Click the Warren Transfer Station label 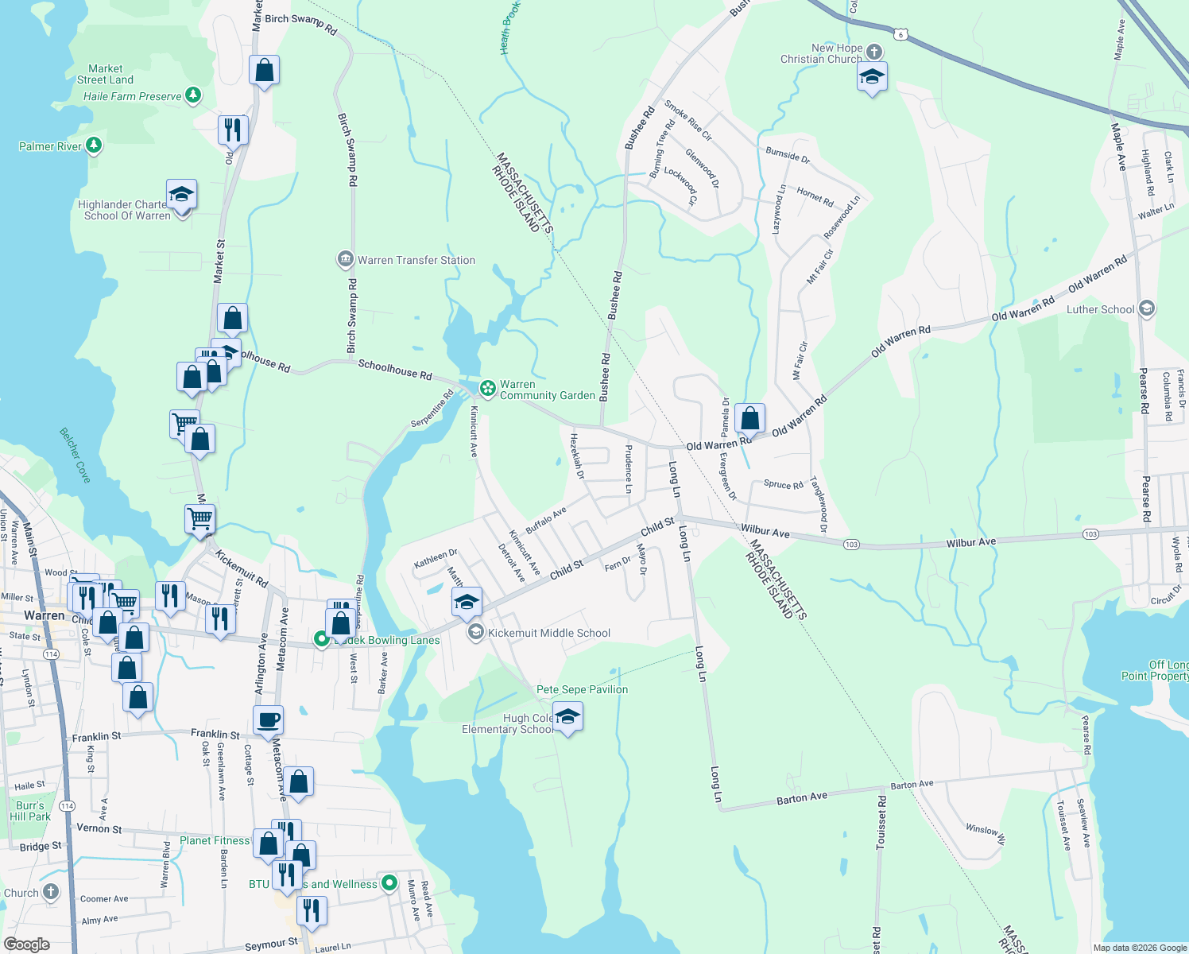click(416, 260)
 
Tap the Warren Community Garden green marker click(488, 389)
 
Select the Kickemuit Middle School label click(549, 633)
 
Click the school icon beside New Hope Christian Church click(872, 77)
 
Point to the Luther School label click(1100, 309)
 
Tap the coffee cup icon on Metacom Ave click(268, 720)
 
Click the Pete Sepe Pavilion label click(582, 689)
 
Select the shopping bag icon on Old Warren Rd click(749, 417)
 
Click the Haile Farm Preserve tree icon click(193, 95)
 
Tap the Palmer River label click(50, 146)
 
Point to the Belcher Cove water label click(76, 456)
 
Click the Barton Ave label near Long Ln click(802, 798)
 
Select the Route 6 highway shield click(900, 34)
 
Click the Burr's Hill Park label click(30, 811)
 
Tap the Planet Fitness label click(215, 840)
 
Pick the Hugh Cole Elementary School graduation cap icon click(567, 718)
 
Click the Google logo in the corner click(27, 944)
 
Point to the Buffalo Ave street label click(546, 520)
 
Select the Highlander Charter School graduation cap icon click(181, 195)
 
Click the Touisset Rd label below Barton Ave click(881, 823)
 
